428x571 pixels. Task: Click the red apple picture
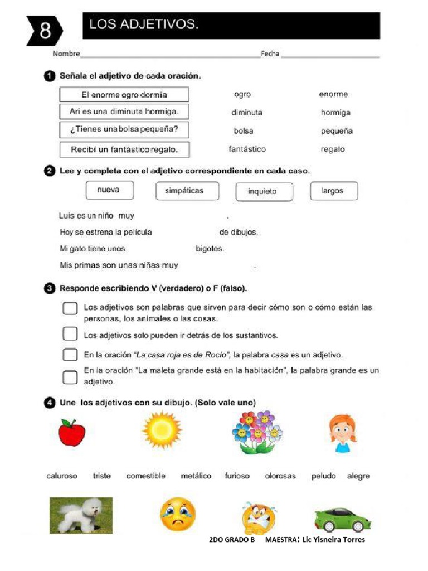coord(72,432)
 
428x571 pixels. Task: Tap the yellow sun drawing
coord(162,430)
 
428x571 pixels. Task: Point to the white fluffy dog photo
coord(81,515)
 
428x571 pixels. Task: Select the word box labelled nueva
coord(110,190)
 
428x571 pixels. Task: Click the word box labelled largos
coord(333,191)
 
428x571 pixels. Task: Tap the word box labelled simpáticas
coord(184,191)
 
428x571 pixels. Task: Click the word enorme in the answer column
coord(333,94)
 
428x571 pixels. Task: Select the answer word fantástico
coord(247,149)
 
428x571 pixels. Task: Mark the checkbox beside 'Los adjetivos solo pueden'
coord(70,333)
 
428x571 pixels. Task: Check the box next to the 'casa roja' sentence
coord(70,355)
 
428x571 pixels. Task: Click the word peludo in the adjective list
coord(324,476)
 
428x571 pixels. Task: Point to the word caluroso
coord(62,476)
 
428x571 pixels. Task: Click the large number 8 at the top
coord(45,30)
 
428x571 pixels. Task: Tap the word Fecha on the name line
coord(270,54)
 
